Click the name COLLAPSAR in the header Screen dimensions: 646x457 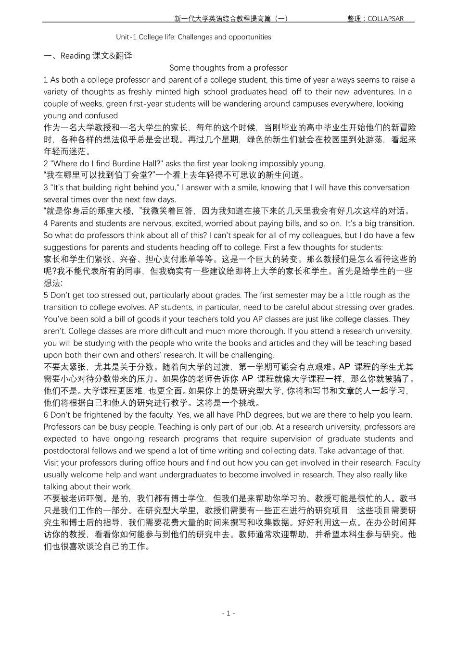click(x=386, y=19)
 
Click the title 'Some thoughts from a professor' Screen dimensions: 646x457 click(x=228, y=68)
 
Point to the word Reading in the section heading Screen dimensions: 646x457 click(x=76, y=56)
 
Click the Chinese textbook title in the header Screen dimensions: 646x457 click(x=230, y=19)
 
